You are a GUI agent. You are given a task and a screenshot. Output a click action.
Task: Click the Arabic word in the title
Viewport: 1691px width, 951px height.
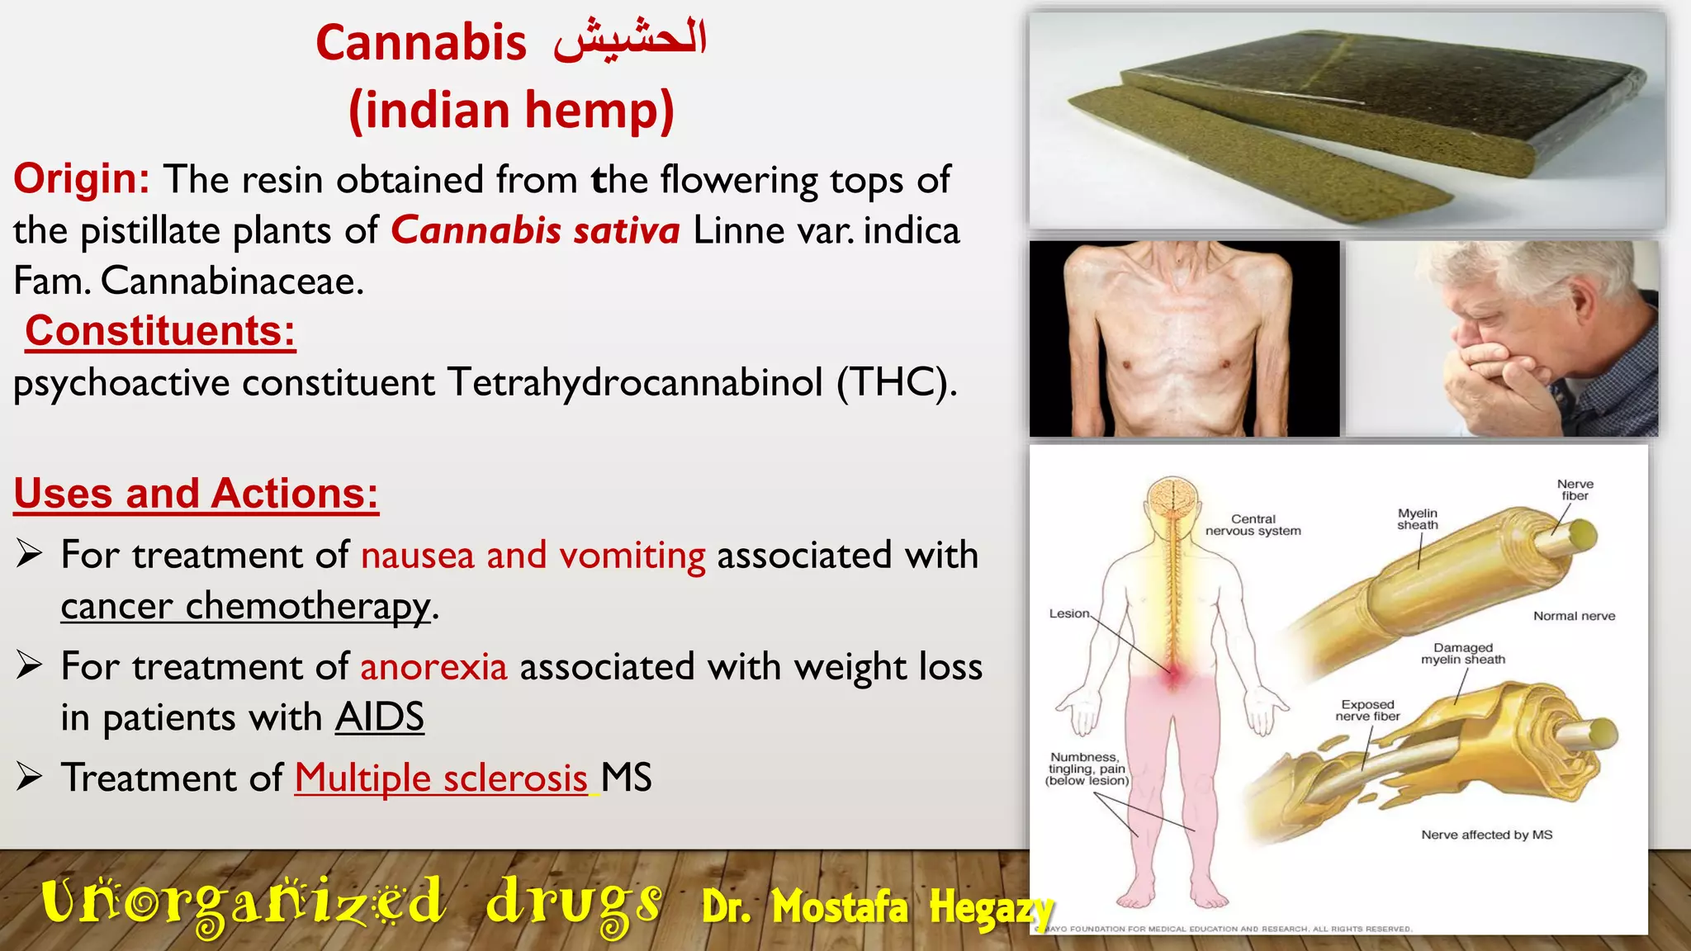(x=630, y=41)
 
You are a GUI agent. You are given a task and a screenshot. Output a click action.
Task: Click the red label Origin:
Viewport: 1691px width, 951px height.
(x=81, y=179)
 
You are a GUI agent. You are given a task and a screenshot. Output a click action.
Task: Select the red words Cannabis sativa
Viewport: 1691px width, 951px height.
(x=535, y=230)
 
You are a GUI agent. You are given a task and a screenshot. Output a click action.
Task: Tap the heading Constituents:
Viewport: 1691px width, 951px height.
(x=160, y=331)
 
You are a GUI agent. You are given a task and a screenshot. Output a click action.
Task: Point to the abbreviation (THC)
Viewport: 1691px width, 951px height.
(x=897, y=383)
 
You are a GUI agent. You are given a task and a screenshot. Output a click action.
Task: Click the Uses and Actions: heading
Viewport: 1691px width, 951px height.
(x=197, y=494)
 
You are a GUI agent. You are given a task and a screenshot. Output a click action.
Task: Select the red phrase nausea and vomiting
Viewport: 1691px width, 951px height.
(x=533, y=555)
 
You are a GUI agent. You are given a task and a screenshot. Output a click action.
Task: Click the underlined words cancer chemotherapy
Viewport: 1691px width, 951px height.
(x=246, y=606)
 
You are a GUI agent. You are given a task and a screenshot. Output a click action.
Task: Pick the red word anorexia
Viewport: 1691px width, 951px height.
(x=433, y=666)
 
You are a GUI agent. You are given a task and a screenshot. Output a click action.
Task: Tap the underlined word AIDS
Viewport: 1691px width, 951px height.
(x=379, y=717)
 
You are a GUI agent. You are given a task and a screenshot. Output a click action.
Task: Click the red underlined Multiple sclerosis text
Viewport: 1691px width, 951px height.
(x=442, y=778)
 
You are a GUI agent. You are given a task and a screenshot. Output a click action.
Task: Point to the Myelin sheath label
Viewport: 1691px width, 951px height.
(x=1417, y=519)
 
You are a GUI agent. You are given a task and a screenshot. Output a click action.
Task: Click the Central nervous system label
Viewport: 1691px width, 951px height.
(x=1253, y=525)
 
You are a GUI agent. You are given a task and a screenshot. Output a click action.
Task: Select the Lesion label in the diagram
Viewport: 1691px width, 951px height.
(x=1069, y=613)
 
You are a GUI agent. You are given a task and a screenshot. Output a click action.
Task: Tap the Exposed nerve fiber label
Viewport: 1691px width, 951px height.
(x=1367, y=710)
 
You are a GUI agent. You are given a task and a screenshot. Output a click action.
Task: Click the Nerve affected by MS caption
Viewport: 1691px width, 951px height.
(x=1486, y=835)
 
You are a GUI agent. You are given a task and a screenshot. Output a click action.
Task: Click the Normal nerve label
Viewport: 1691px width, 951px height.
(x=1574, y=616)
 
